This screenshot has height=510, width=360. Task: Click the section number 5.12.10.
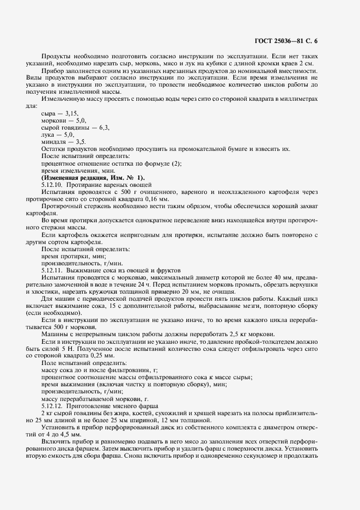tap(52, 185)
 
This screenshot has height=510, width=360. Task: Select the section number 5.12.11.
tap(52, 270)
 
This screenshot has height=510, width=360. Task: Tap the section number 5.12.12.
tap(52, 405)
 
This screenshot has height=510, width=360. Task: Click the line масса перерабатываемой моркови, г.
tap(91, 398)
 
